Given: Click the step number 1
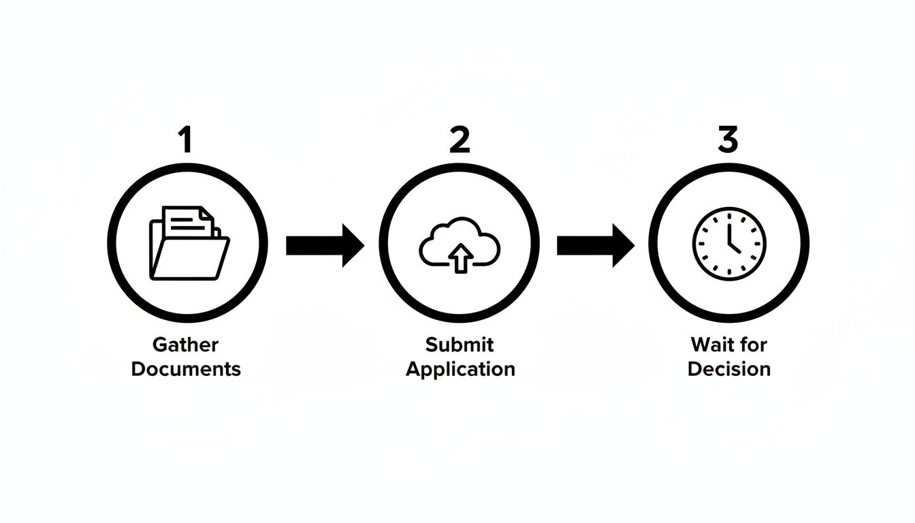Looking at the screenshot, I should coord(184,140).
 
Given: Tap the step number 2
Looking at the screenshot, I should coord(460,140).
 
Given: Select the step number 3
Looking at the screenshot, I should coord(728,140).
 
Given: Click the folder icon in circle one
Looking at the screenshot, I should coord(189,244).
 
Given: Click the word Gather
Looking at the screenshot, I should coord(185,345).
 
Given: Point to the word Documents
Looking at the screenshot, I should coord(186,369).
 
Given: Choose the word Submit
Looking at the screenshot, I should coord(460,345).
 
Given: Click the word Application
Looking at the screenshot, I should coord(460,369).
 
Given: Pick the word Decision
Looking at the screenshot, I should coord(729,369).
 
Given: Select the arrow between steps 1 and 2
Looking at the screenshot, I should coord(325,245).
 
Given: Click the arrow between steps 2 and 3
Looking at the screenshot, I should coord(595,245).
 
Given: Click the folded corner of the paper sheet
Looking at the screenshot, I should coord(207,216).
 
